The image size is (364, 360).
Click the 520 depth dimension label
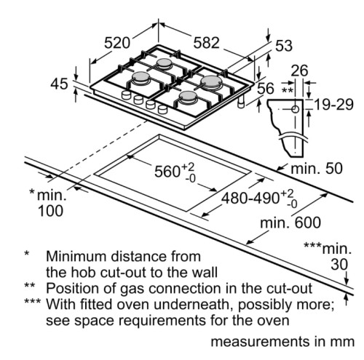coord(117,43)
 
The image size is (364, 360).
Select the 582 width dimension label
coord(206,43)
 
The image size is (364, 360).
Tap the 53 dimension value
coord(284,46)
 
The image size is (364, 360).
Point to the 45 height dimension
coord(59,84)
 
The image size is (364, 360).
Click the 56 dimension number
coord(266,89)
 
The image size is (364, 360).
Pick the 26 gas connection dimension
coord(299,71)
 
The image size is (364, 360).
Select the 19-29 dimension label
coord(333,105)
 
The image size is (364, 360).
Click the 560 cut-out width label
coord(175,171)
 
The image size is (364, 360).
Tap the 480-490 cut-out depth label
coord(259,199)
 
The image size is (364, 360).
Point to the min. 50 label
coord(317,168)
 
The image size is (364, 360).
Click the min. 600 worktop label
coord(290,223)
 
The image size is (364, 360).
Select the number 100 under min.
coord(51,210)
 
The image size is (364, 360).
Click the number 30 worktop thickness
coord(339,264)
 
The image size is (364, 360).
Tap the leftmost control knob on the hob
coord(126,95)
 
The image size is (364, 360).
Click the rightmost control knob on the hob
coord(162,109)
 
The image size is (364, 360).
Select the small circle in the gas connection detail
coord(295,110)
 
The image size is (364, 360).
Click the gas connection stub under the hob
coord(242,101)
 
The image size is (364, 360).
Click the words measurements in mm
coord(282,341)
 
